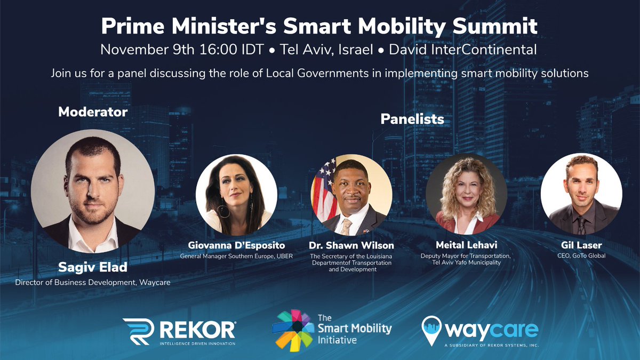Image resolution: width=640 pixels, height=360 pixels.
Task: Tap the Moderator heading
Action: point(93,112)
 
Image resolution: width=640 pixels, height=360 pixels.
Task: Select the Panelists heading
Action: point(412,119)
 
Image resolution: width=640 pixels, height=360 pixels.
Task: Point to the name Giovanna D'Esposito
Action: point(236,246)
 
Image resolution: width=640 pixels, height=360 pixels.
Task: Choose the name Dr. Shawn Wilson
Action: point(351,246)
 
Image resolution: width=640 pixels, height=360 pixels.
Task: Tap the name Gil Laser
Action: point(581,246)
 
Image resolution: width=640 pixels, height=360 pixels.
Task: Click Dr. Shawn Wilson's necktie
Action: point(346,226)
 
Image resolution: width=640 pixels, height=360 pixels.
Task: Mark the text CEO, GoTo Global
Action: point(581,255)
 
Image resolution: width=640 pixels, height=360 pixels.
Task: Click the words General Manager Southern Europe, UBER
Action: point(236,255)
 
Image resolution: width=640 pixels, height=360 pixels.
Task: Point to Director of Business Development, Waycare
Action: point(93,282)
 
